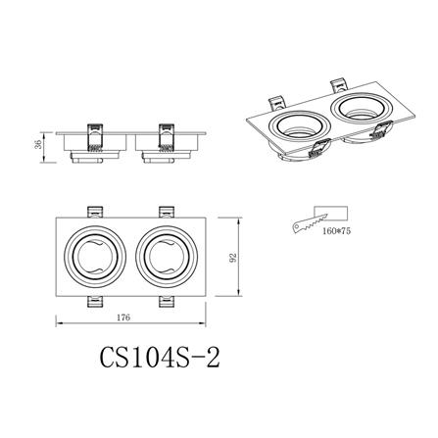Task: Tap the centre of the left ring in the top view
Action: [x=96, y=258]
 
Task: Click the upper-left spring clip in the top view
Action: [x=96, y=212]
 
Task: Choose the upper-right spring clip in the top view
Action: [x=166, y=212]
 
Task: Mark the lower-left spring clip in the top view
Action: [x=96, y=303]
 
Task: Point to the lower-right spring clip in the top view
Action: [x=166, y=303]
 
